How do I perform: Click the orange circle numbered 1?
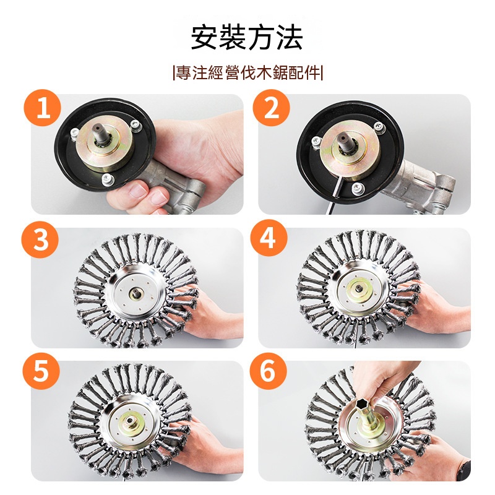click(42, 108)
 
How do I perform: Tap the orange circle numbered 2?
click(271, 108)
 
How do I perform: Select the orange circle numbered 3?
click(40, 239)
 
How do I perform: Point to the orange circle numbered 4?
click(269, 238)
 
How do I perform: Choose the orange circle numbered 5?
click(41, 371)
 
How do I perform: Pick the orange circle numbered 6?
click(268, 371)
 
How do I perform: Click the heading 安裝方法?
click(247, 38)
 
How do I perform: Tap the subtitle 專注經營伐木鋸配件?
click(248, 73)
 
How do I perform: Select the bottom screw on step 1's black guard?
click(108, 179)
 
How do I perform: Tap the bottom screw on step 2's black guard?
click(358, 189)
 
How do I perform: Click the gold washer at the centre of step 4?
click(359, 289)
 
